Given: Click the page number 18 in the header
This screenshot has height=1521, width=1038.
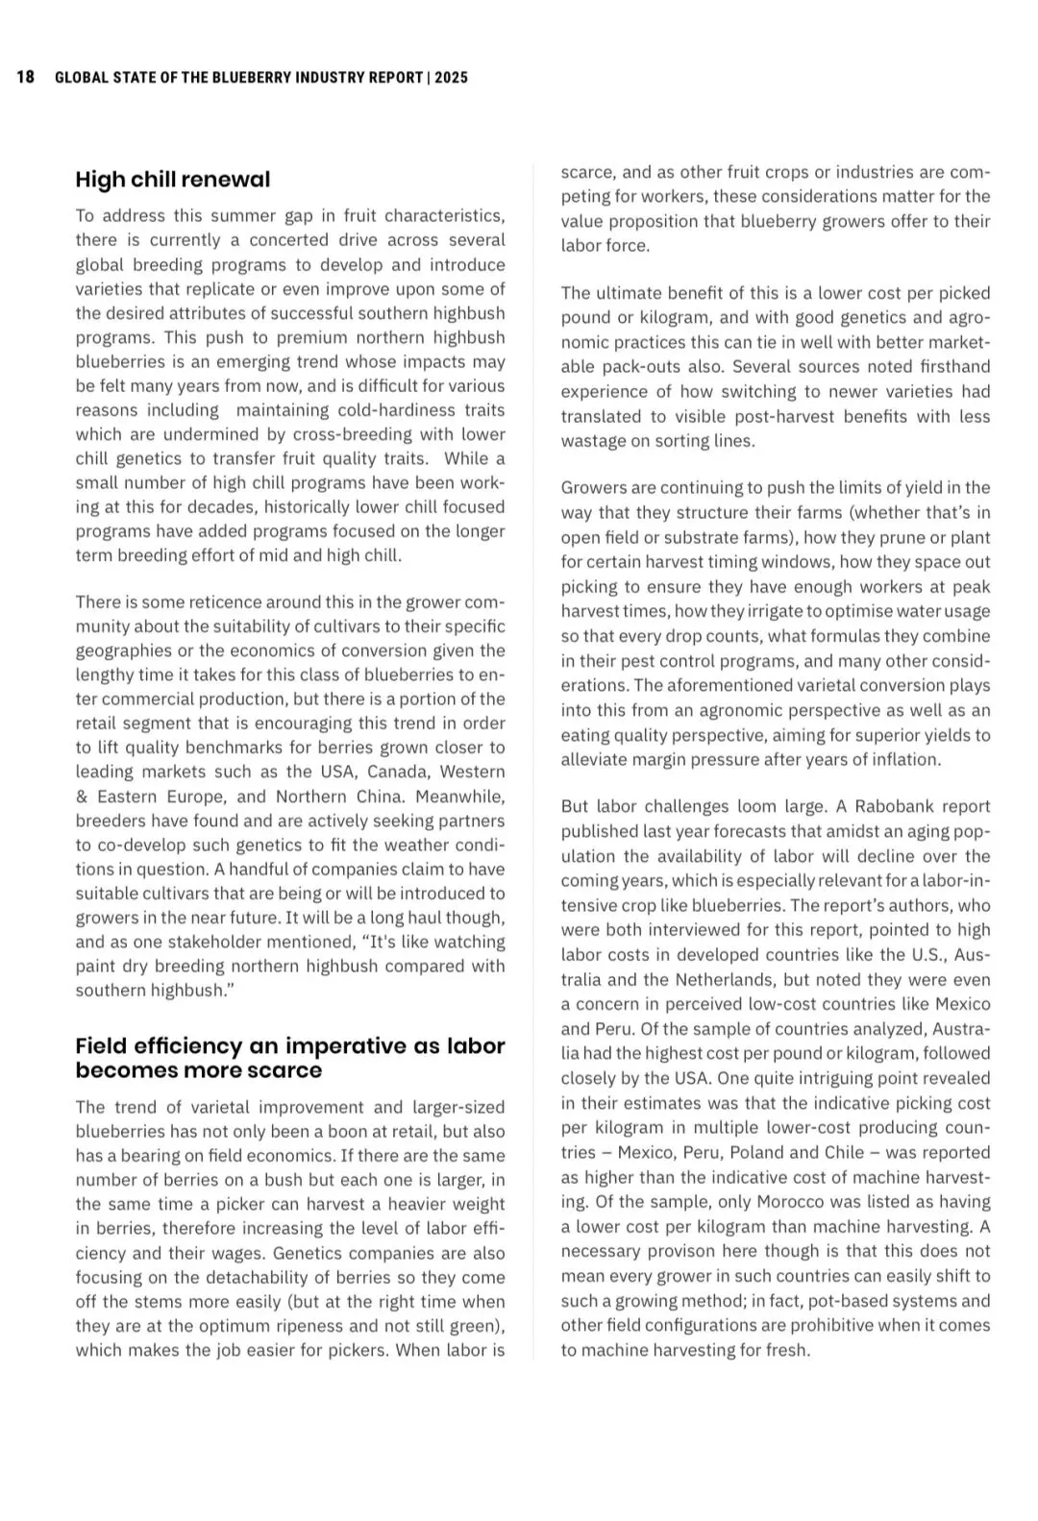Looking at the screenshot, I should [x=26, y=77].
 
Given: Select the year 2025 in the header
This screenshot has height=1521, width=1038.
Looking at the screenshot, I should [x=451, y=78].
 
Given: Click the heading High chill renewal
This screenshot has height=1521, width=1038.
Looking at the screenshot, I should [x=173, y=180].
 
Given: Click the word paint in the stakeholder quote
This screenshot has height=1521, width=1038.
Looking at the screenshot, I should [x=96, y=966].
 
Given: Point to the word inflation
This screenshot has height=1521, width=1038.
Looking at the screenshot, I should [x=904, y=759].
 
